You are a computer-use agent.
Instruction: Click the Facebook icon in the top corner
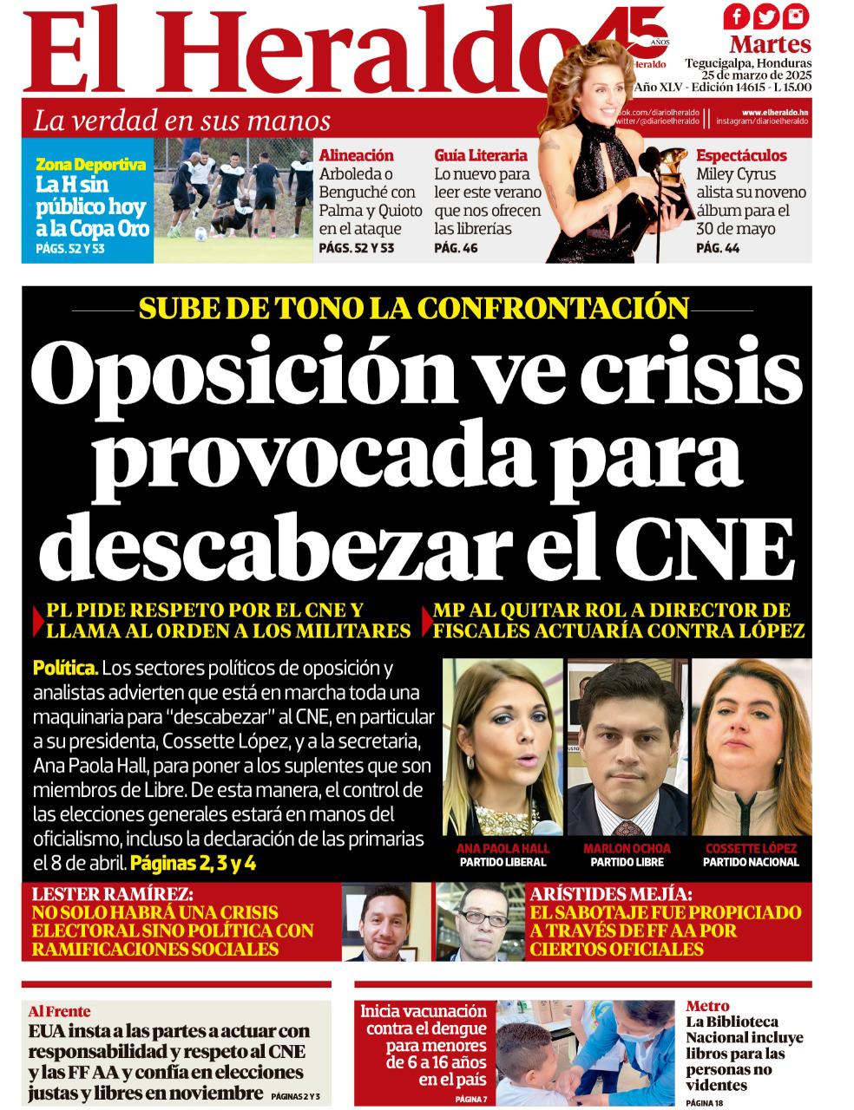(737, 16)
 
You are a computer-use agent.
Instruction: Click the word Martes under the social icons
(770, 43)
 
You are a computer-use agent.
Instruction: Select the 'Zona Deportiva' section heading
(90, 164)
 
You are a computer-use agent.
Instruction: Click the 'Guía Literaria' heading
(480, 155)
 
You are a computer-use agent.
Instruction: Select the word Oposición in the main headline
(204, 370)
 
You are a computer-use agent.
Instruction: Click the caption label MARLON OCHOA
(627, 848)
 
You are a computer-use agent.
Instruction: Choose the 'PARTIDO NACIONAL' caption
(751, 862)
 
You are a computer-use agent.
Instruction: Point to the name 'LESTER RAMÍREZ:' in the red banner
(113, 894)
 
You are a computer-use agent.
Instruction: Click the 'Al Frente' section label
(59, 1011)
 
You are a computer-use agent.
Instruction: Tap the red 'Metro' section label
(707, 1006)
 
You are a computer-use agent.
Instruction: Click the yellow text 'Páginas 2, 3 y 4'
(193, 864)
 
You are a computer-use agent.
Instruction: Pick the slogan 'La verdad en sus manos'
(181, 121)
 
